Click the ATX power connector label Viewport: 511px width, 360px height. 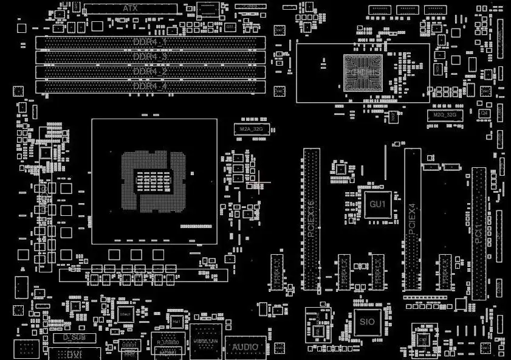click(x=130, y=9)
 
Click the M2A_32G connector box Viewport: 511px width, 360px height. click(x=252, y=130)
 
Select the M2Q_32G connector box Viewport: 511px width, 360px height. click(x=445, y=114)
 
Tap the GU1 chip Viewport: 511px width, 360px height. click(x=378, y=204)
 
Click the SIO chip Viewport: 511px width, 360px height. click(x=367, y=320)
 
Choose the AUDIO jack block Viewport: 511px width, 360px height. click(x=245, y=347)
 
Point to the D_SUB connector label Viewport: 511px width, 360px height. click(x=75, y=336)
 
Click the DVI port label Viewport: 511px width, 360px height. click(x=75, y=353)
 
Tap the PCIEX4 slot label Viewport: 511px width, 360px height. click(x=413, y=219)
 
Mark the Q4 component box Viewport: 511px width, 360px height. click(x=484, y=113)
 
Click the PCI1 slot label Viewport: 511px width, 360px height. click(x=479, y=234)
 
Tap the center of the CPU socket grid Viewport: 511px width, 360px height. click(x=154, y=181)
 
